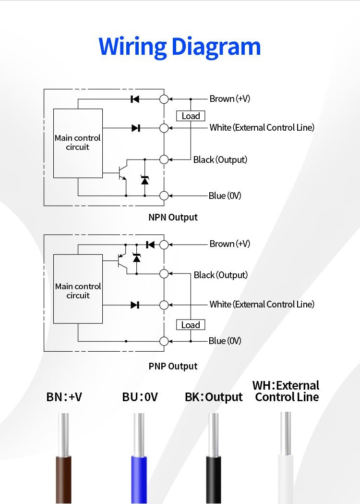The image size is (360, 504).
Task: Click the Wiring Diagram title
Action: [x=180, y=47]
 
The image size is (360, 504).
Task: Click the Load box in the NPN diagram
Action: [x=191, y=116]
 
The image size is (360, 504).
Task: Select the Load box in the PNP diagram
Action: [x=191, y=325]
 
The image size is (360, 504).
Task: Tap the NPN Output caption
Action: [x=173, y=217]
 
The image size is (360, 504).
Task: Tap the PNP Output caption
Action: [x=173, y=366]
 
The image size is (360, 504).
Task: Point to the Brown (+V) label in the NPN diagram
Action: [x=229, y=99]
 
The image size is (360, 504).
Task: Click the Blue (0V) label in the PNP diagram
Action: [x=225, y=341]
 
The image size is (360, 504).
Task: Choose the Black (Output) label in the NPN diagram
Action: [x=220, y=160]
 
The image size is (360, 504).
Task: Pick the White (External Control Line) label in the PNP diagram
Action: [x=262, y=304]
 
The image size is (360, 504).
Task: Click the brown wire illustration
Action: [x=63, y=476]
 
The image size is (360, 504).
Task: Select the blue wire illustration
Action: [x=139, y=476]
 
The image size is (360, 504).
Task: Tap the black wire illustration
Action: [x=214, y=476]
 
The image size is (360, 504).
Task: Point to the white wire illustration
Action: [x=286, y=476]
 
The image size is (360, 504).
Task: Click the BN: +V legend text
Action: [x=64, y=397]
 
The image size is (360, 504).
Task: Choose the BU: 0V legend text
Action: [x=140, y=397]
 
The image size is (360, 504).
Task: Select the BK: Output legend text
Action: [x=214, y=397]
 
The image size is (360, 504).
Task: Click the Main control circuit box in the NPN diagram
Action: [x=78, y=143]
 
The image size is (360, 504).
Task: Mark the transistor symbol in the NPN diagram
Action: [x=122, y=173]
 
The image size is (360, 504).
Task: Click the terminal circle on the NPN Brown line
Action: [x=164, y=99]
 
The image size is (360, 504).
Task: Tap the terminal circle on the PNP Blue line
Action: [x=164, y=341]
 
